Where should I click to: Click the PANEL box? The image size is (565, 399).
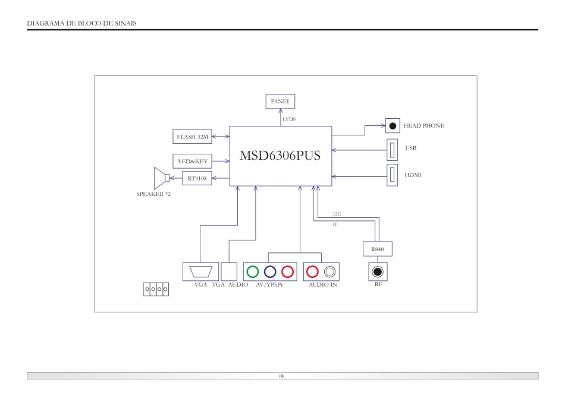click(280, 102)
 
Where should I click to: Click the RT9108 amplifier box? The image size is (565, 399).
click(196, 178)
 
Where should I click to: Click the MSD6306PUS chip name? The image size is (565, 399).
click(280, 156)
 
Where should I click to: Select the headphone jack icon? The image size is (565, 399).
click(393, 126)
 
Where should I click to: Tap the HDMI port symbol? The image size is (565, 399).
click(393, 175)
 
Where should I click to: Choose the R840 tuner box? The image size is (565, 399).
click(378, 249)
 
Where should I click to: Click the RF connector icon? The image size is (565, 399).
click(378, 272)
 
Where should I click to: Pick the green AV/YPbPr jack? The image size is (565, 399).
click(252, 272)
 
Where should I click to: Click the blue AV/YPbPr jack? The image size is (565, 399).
click(270, 272)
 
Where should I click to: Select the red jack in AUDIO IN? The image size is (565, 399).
click(312, 272)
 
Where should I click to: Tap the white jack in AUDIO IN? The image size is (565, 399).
click(330, 272)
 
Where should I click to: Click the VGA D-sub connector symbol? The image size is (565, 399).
click(200, 272)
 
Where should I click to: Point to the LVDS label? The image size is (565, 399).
click(289, 119)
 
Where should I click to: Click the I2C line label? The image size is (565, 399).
click(337, 213)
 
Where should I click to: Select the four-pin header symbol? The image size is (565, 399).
click(156, 289)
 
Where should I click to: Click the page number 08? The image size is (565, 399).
click(282, 376)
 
